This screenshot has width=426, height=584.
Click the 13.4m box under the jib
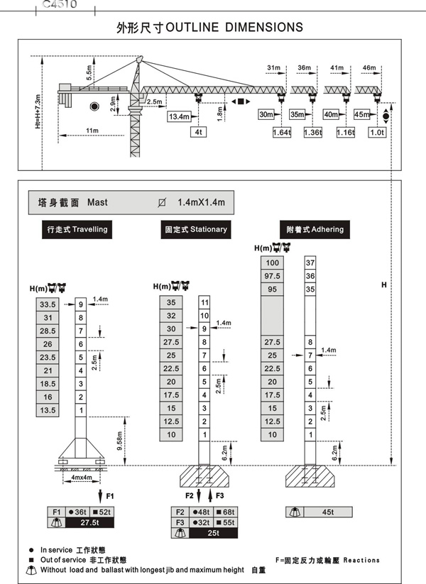pos(180,116)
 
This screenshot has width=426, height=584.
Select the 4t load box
pos(198,131)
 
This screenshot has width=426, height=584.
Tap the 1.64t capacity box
pos(282,132)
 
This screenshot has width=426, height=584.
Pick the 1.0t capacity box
pos(377,132)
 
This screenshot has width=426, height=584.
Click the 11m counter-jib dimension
pos(92,131)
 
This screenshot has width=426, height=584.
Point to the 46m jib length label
pos(368,68)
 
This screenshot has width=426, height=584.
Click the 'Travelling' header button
pos(77,229)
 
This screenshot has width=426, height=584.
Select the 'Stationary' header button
pos(196,229)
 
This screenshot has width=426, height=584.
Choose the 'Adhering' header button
pos(315,229)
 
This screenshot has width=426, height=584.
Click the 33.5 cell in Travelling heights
pos(48,304)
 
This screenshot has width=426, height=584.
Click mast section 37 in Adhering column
pos(310,263)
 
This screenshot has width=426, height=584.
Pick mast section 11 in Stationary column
pos(204,303)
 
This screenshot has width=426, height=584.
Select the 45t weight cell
pos(327,512)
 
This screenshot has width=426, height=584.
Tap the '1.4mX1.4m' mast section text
pos(201,202)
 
